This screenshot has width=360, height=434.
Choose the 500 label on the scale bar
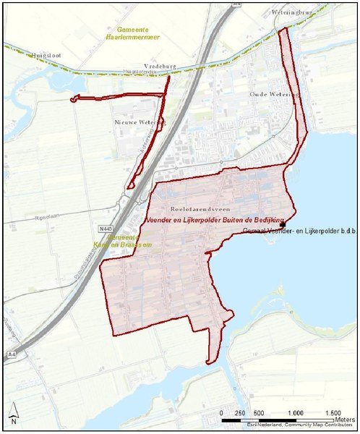257,412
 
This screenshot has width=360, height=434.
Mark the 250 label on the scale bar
240,412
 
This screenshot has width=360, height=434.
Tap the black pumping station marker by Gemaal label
283,224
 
